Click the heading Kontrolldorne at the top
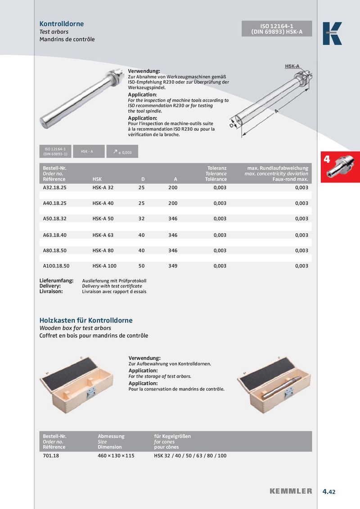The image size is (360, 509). coord(62,24)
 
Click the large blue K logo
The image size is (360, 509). coord(332,34)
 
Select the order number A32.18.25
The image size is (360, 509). coord(54,188)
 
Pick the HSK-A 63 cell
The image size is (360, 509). coord(103,235)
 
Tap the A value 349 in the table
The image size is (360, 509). coord(173,266)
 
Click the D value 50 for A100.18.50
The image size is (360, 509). coord(141,266)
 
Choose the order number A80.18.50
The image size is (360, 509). coord(54,250)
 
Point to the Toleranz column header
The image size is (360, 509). coord(216,168)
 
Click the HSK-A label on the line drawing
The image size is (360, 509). coord(292,66)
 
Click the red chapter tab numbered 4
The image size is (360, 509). coord(340,167)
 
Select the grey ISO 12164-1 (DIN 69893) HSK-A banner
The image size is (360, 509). coord(277,29)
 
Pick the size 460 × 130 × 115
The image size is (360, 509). coord(116,455)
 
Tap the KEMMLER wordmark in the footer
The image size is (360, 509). coord(291,491)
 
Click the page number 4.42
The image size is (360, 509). coord(329,491)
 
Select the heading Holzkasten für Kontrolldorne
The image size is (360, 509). coord(86,321)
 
